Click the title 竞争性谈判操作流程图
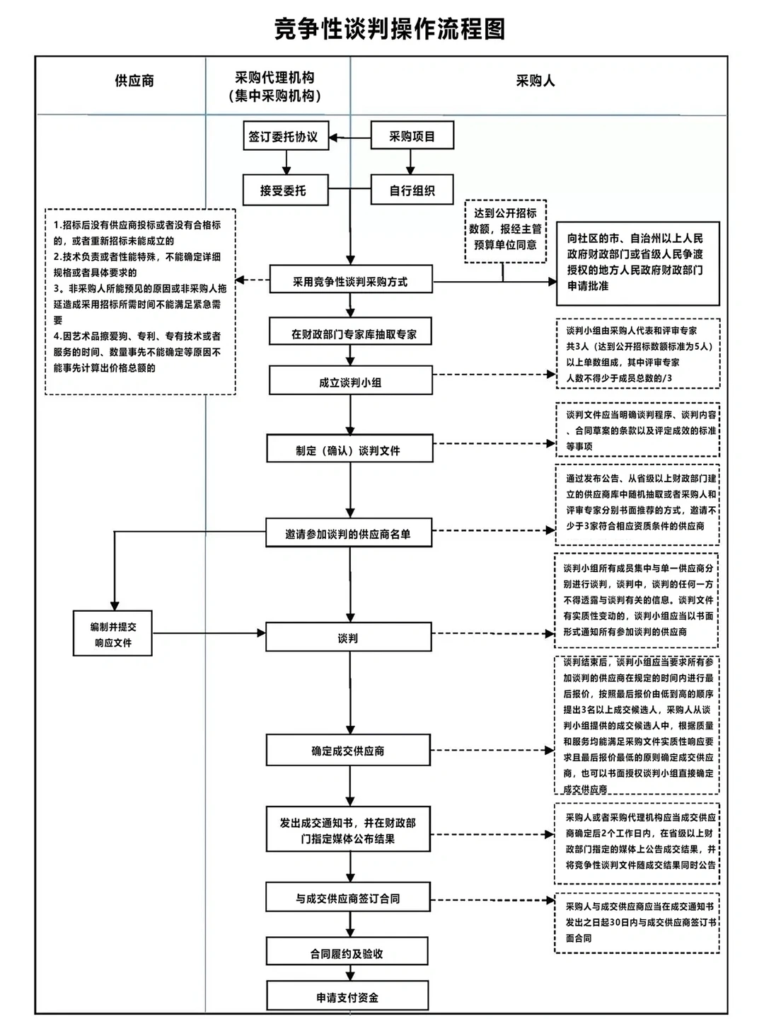[390, 29]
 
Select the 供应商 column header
[134, 81]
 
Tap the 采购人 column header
[536, 81]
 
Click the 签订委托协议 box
[283, 137]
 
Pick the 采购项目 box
[412, 137]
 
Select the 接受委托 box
[283, 190]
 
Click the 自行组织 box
[412, 190]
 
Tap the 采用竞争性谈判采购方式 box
[350, 281]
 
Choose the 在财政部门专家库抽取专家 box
[350, 334]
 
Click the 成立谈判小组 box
[350, 382]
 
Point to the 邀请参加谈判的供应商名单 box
[348, 534]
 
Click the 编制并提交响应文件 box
[113, 634]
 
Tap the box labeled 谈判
[348, 638]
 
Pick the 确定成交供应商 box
[348, 751]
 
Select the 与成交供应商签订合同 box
[348, 898]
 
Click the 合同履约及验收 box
[347, 953]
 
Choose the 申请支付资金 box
[347, 997]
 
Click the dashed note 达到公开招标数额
[505, 229]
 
